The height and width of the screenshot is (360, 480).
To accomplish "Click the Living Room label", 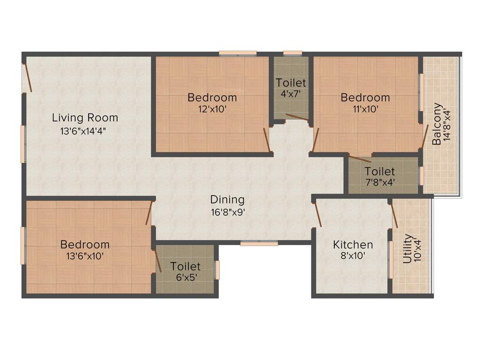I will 85,117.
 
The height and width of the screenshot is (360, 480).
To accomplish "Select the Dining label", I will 227,200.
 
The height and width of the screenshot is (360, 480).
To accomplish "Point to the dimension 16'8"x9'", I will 227,212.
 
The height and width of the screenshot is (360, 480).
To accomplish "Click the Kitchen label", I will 353,245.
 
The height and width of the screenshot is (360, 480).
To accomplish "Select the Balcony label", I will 436,123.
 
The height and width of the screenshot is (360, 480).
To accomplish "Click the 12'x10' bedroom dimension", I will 212,109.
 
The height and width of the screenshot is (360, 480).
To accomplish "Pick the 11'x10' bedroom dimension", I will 365,109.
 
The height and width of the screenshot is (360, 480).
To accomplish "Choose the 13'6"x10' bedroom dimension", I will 85,256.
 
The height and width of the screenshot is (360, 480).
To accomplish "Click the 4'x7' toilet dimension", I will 291,94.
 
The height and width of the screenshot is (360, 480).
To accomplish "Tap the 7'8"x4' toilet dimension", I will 380,183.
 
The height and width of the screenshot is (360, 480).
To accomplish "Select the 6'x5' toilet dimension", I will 185,277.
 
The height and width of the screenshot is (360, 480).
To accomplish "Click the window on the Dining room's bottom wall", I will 259,243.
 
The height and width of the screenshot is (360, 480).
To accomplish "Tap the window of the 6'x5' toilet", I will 217,270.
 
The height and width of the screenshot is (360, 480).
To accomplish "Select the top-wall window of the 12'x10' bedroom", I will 238,53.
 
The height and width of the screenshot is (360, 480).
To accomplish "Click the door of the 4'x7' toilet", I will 296,117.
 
